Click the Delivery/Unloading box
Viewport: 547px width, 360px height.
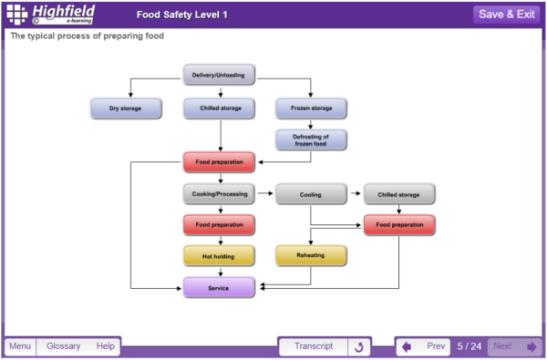pos(219,75)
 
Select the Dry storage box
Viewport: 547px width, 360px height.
pos(127,108)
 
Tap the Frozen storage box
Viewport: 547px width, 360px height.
pos(311,108)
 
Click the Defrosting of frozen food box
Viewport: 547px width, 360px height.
pos(311,139)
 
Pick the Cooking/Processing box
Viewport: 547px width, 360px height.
pos(219,193)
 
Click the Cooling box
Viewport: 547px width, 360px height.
pos(311,193)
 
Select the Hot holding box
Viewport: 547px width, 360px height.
pos(219,256)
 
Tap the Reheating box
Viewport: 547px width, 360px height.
pos(311,256)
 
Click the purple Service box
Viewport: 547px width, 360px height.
pos(219,288)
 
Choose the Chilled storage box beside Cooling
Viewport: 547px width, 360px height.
pos(399,193)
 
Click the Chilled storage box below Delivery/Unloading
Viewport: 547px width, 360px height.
pos(219,108)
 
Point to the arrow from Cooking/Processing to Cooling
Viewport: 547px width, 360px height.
pos(265,193)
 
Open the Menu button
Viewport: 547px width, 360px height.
pos(20,346)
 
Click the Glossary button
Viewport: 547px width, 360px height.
pos(64,346)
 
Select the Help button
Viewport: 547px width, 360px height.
pos(106,346)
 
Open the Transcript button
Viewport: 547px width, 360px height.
pos(313,346)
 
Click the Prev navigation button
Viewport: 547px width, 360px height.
pos(425,346)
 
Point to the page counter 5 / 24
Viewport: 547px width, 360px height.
pos(469,346)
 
